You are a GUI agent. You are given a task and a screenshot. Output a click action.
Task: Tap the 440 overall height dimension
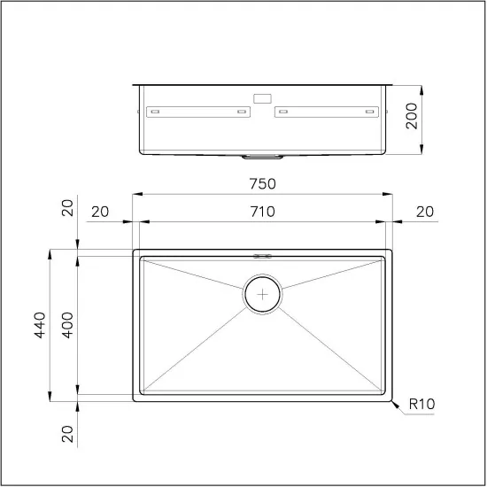click(38, 324)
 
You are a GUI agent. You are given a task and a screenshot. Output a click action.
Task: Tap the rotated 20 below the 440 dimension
click(67, 435)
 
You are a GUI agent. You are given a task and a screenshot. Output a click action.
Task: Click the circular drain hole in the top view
click(262, 294)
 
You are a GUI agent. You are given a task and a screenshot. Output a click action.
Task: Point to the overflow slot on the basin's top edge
click(262, 255)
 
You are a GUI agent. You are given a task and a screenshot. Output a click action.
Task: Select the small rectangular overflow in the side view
click(262, 98)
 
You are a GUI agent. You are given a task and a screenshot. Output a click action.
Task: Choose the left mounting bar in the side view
click(199, 112)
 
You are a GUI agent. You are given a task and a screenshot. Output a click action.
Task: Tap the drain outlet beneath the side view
click(262, 157)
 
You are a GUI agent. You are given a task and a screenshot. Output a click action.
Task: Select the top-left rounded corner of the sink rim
click(135, 251)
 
